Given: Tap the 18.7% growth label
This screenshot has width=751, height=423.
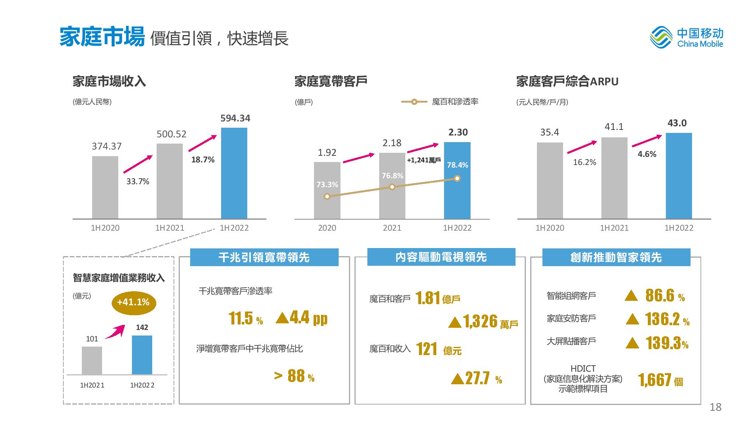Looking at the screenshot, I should click(203, 160).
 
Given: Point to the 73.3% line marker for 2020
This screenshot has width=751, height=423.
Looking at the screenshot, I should click(327, 196).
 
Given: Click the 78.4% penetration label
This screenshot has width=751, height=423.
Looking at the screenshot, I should click(457, 165).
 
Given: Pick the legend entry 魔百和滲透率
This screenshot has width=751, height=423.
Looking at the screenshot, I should click(440, 102).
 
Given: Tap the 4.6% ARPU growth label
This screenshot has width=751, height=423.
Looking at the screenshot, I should click(647, 154).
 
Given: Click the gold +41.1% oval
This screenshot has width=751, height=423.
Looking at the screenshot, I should click(134, 303).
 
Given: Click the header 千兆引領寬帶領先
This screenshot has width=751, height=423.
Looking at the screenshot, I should click(264, 257).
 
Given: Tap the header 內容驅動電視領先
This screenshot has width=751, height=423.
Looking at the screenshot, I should click(441, 257).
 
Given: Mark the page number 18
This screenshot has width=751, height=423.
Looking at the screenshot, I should click(715, 407).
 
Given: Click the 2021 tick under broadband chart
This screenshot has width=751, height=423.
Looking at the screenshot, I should click(392, 228).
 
